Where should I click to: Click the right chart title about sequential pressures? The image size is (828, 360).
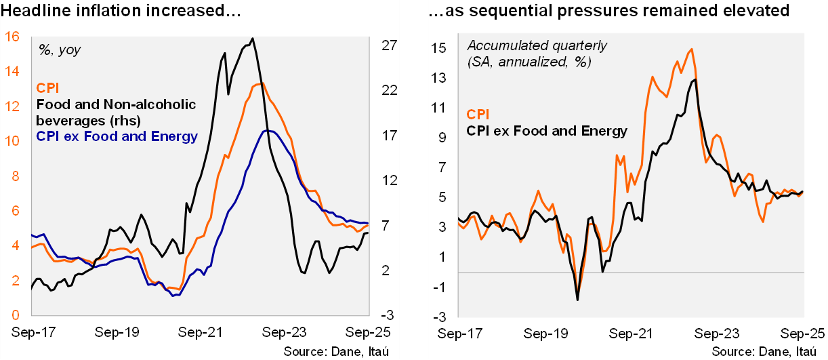(x=610, y=11)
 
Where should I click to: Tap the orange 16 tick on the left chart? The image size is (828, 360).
(x=12, y=37)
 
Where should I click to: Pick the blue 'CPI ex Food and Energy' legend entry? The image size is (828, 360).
(x=116, y=138)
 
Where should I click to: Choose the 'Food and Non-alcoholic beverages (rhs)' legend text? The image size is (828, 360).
(x=116, y=113)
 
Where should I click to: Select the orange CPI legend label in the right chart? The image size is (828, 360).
(x=478, y=115)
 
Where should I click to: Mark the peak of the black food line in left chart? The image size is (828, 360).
(x=252, y=39)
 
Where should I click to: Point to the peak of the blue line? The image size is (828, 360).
(x=268, y=130)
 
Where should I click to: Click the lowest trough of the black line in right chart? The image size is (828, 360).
(x=577, y=300)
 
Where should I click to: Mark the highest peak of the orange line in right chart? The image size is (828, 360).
(x=691, y=49)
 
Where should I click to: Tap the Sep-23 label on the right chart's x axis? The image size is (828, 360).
(x=716, y=333)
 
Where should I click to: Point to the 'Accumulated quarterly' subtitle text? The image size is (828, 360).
(x=537, y=46)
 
